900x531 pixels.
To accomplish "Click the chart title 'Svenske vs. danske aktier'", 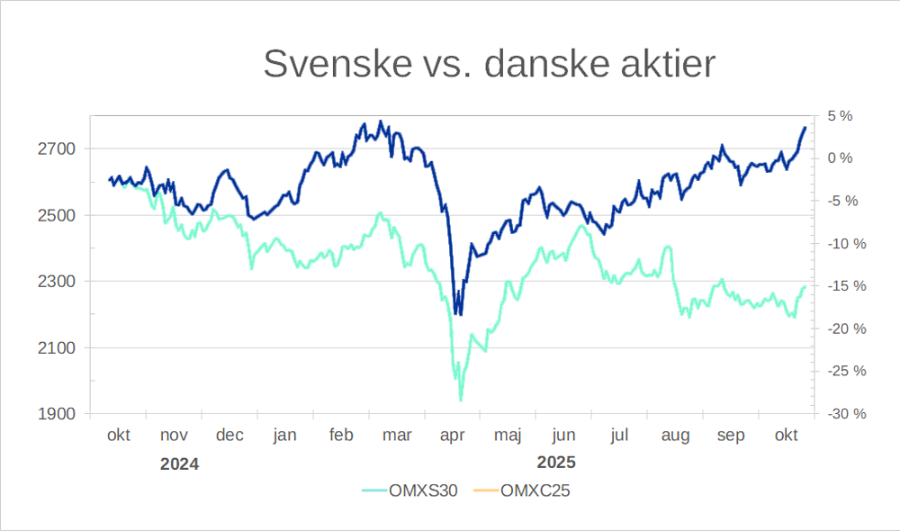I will pyautogui.click(x=489, y=64).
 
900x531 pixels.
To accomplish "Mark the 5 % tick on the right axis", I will pyautogui.click(x=840, y=116).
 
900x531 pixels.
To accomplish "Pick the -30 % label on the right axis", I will pyautogui.click(x=847, y=414).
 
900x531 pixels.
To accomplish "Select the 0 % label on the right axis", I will pyautogui.click(x=840, y=158).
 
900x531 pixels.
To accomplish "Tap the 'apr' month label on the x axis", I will pyautogui.click(x=452, y=436).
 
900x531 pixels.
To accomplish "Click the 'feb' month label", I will pyautogui.click(x=341, y=436).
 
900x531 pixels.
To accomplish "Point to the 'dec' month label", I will pyautogui.click(x=229, y=436).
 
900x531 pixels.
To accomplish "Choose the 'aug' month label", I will pyautogui.click(x=675, y=436).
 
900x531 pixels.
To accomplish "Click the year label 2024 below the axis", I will pyautogui.click(x=179, y=464).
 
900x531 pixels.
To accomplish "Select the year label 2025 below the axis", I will pyautogui.click(x=556, y=464).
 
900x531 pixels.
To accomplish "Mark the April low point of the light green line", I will pyautogui.click(x=461, y=400).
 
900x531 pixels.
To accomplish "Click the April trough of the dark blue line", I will pyautogui.click(x=459, y=314).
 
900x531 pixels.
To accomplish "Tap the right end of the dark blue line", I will pyautogui.click(x=805, y=127).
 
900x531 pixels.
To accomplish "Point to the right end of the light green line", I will pyautogui.click(x=805, y=286).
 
